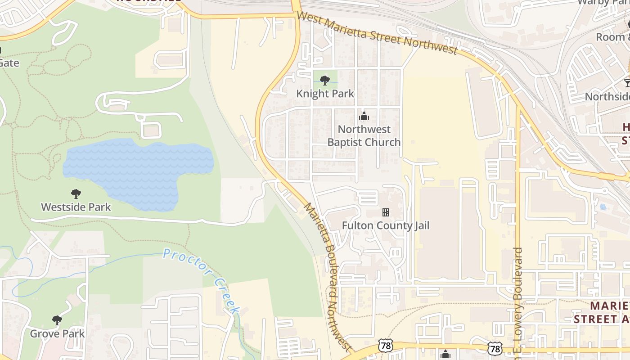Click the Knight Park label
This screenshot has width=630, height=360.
pos(325,94)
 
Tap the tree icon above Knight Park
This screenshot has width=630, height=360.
pos(324,81)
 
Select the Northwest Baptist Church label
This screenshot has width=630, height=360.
pos(364,135)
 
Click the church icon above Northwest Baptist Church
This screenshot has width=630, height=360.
pos(364,117)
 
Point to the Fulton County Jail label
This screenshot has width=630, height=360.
pos(385,225)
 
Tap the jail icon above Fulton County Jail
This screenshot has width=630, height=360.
pos(385,212)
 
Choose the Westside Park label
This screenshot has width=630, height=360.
pos(76,207)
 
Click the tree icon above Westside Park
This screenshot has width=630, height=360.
pos(76,194)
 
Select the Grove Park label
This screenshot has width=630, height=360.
pos(57,333)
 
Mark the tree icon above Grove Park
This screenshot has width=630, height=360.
pos(57,320)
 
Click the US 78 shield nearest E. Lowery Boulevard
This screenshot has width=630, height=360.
pos(495,348)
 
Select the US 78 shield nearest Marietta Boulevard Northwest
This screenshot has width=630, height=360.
pos(386,345)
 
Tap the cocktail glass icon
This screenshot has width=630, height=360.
pos(627,83)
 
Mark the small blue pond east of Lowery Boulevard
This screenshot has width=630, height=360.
pos(603,207)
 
